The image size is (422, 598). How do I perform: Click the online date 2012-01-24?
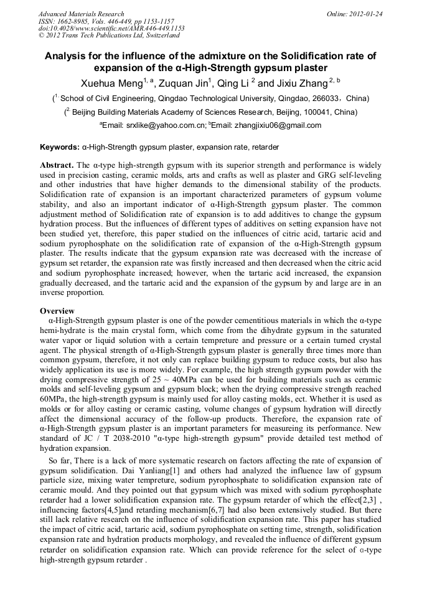365,14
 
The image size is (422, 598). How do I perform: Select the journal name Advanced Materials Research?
81,14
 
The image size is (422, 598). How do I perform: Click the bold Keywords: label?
60,148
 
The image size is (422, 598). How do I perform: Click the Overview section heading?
57,311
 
